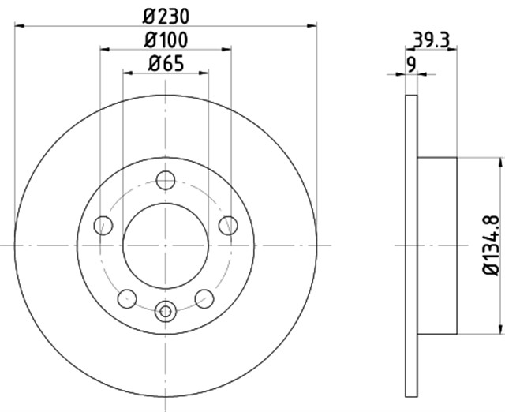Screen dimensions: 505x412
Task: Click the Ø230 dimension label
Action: pos(166,16)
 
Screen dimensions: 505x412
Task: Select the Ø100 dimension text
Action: pos(166,40)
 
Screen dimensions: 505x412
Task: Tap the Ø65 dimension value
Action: pos(166,63)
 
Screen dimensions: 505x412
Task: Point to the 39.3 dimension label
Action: pos(431,40)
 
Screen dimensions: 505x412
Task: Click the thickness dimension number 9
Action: pos(411,65)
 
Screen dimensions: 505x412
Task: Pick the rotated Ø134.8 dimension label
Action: pos(491,245)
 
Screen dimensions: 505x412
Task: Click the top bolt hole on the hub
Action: pos(166,180)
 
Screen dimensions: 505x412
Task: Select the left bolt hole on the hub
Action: pos(103,225)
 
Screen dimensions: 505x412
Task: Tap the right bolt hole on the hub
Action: pos(228,225)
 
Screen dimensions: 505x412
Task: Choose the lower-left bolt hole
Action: pos(127,298)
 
